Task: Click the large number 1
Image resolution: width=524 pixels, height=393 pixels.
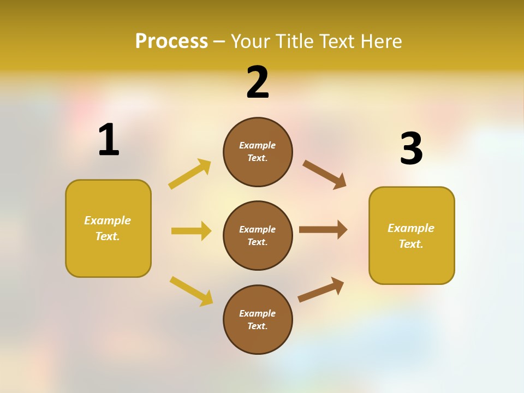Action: point(109,140)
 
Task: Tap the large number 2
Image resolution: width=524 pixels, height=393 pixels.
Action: point(258,82)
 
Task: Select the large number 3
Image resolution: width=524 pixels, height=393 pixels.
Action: point(411,148)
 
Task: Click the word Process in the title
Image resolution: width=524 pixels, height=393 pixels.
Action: point(171,41)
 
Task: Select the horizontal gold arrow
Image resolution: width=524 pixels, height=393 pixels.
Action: point(191,231)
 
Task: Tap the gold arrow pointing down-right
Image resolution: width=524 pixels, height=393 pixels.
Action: point(191,291)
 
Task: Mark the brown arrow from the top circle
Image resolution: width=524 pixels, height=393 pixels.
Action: point(324,175)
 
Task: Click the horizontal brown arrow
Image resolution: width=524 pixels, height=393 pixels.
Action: point(323,229)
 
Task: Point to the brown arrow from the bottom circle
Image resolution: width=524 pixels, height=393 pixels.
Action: point(321,289)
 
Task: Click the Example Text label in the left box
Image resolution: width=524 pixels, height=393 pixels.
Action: point(108,228)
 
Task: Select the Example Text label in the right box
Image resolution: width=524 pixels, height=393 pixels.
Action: point(411,236)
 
